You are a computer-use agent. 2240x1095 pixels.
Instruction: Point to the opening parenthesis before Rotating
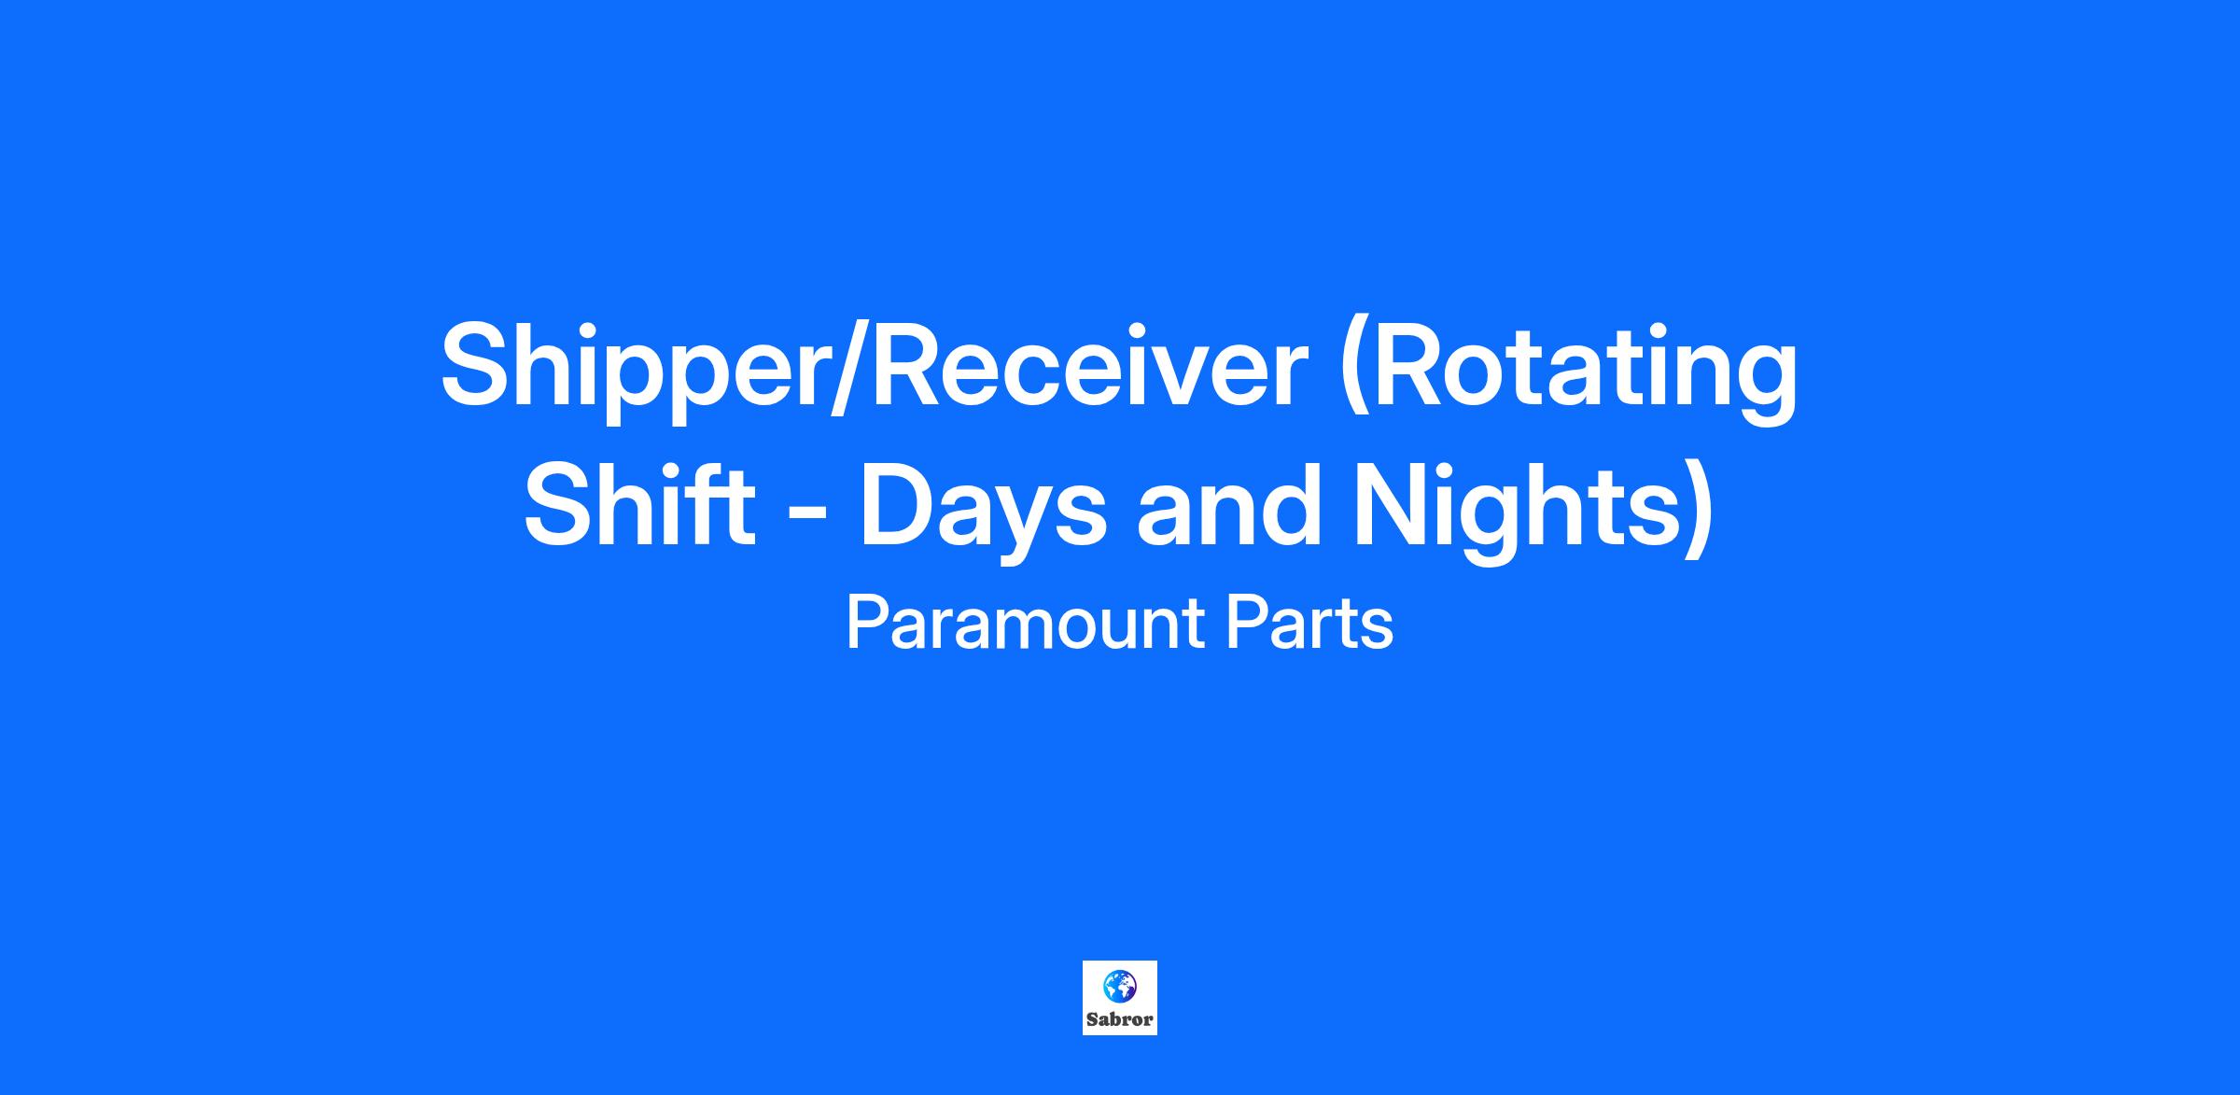coord(1354,372)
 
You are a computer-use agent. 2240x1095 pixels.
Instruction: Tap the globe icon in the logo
coord(1119,986)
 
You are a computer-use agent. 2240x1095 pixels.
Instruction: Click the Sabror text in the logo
coord(1120,1019)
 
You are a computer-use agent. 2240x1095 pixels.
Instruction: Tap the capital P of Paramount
coord(866,624)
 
